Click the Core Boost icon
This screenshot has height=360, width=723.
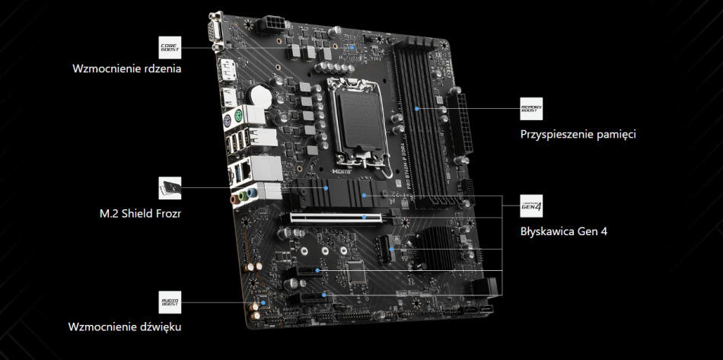169,46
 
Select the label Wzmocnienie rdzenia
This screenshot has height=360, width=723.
126,68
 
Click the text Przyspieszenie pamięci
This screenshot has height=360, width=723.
578,134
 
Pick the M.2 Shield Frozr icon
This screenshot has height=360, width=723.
169,187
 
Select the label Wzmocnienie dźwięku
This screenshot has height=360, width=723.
126,327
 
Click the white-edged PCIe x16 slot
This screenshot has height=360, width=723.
335,218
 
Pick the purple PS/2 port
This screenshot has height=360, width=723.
232,120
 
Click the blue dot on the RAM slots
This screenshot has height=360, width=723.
418,108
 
